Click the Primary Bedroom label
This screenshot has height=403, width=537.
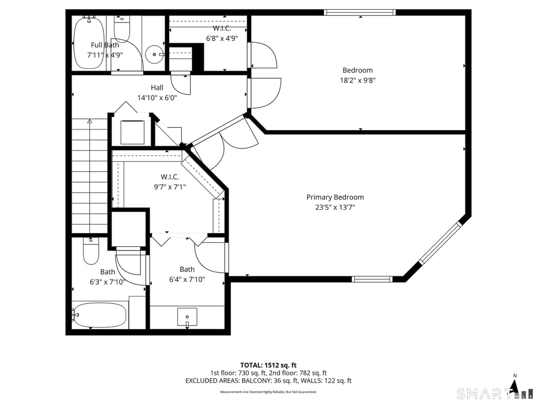pos(335,197)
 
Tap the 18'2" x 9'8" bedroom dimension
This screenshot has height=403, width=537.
pos(357,80)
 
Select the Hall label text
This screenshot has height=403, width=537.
pos(157,87)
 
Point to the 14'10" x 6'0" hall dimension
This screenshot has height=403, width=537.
pos(157,98)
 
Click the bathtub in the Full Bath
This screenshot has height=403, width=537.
pos(89,43)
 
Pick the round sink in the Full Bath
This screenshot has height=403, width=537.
pos(154,54)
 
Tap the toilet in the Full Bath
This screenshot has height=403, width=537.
pos(122,28)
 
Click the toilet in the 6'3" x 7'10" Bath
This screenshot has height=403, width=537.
pos(91,252)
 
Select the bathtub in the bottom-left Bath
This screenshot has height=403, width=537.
pos(99,315)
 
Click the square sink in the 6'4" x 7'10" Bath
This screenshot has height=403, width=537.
pos(187,317)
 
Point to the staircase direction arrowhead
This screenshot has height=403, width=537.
pos(89,121)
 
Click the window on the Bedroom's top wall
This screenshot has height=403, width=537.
pos(360,12)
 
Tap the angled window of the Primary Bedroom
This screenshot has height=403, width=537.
pos(440,243)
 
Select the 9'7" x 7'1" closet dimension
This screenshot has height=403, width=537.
pos(170,187)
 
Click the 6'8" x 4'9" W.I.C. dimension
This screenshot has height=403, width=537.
pos(222,38)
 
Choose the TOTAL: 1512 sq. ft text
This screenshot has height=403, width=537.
pos(268,365)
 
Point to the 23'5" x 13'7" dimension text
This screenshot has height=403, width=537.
pos(335,208)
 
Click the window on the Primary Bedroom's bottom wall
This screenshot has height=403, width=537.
pos(372,279)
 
